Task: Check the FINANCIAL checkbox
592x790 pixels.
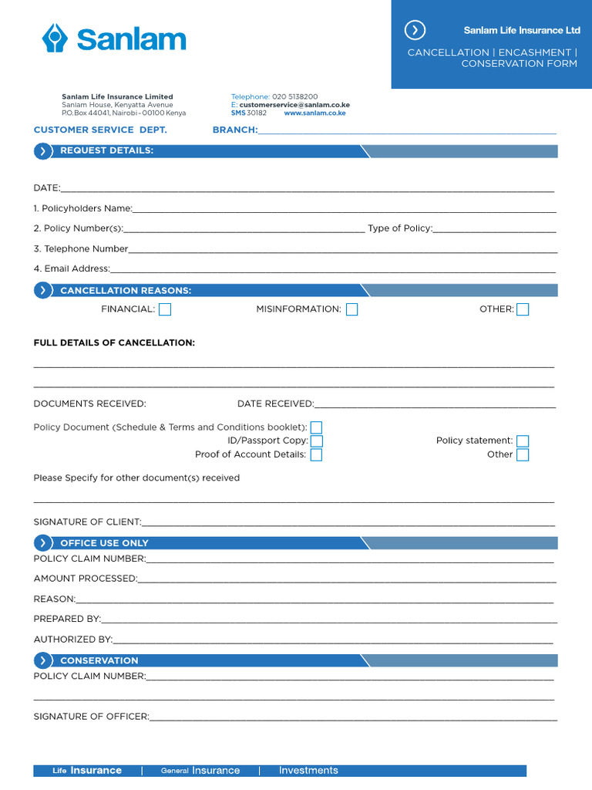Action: click(x=165, y=309)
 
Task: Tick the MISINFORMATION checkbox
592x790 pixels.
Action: click(x=351, y=309)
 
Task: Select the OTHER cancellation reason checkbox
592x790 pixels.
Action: click(x=523, y=309)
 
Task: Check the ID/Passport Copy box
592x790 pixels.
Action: click(x=316, y=441)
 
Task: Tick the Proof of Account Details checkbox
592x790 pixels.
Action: click(x=316, y=454)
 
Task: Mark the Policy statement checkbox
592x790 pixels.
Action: click(x=523, y=441)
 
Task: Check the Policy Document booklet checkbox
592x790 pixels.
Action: click(x=316, y=427)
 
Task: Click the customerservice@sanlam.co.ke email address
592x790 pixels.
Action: click(x=294, y=105)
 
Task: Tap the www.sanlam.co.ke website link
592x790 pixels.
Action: click(x=314, y=113)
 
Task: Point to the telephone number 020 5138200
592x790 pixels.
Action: click(x=294, y=96)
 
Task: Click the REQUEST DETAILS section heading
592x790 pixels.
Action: click(x=106, y=150)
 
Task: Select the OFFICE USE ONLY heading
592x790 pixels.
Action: click(x=104, y=543)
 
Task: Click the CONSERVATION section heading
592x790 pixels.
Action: click(x=99, y=660)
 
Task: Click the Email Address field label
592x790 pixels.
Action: click(x=72, y=269)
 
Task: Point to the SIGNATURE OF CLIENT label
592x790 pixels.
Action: click(x=87, y=522)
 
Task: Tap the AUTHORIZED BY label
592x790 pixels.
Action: click(x=72, y=640)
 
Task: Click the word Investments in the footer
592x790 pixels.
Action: click(x=308, y=771)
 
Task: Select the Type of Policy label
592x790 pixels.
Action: click(x=399, y=228)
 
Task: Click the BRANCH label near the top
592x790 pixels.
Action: click(x=234, y=130)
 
